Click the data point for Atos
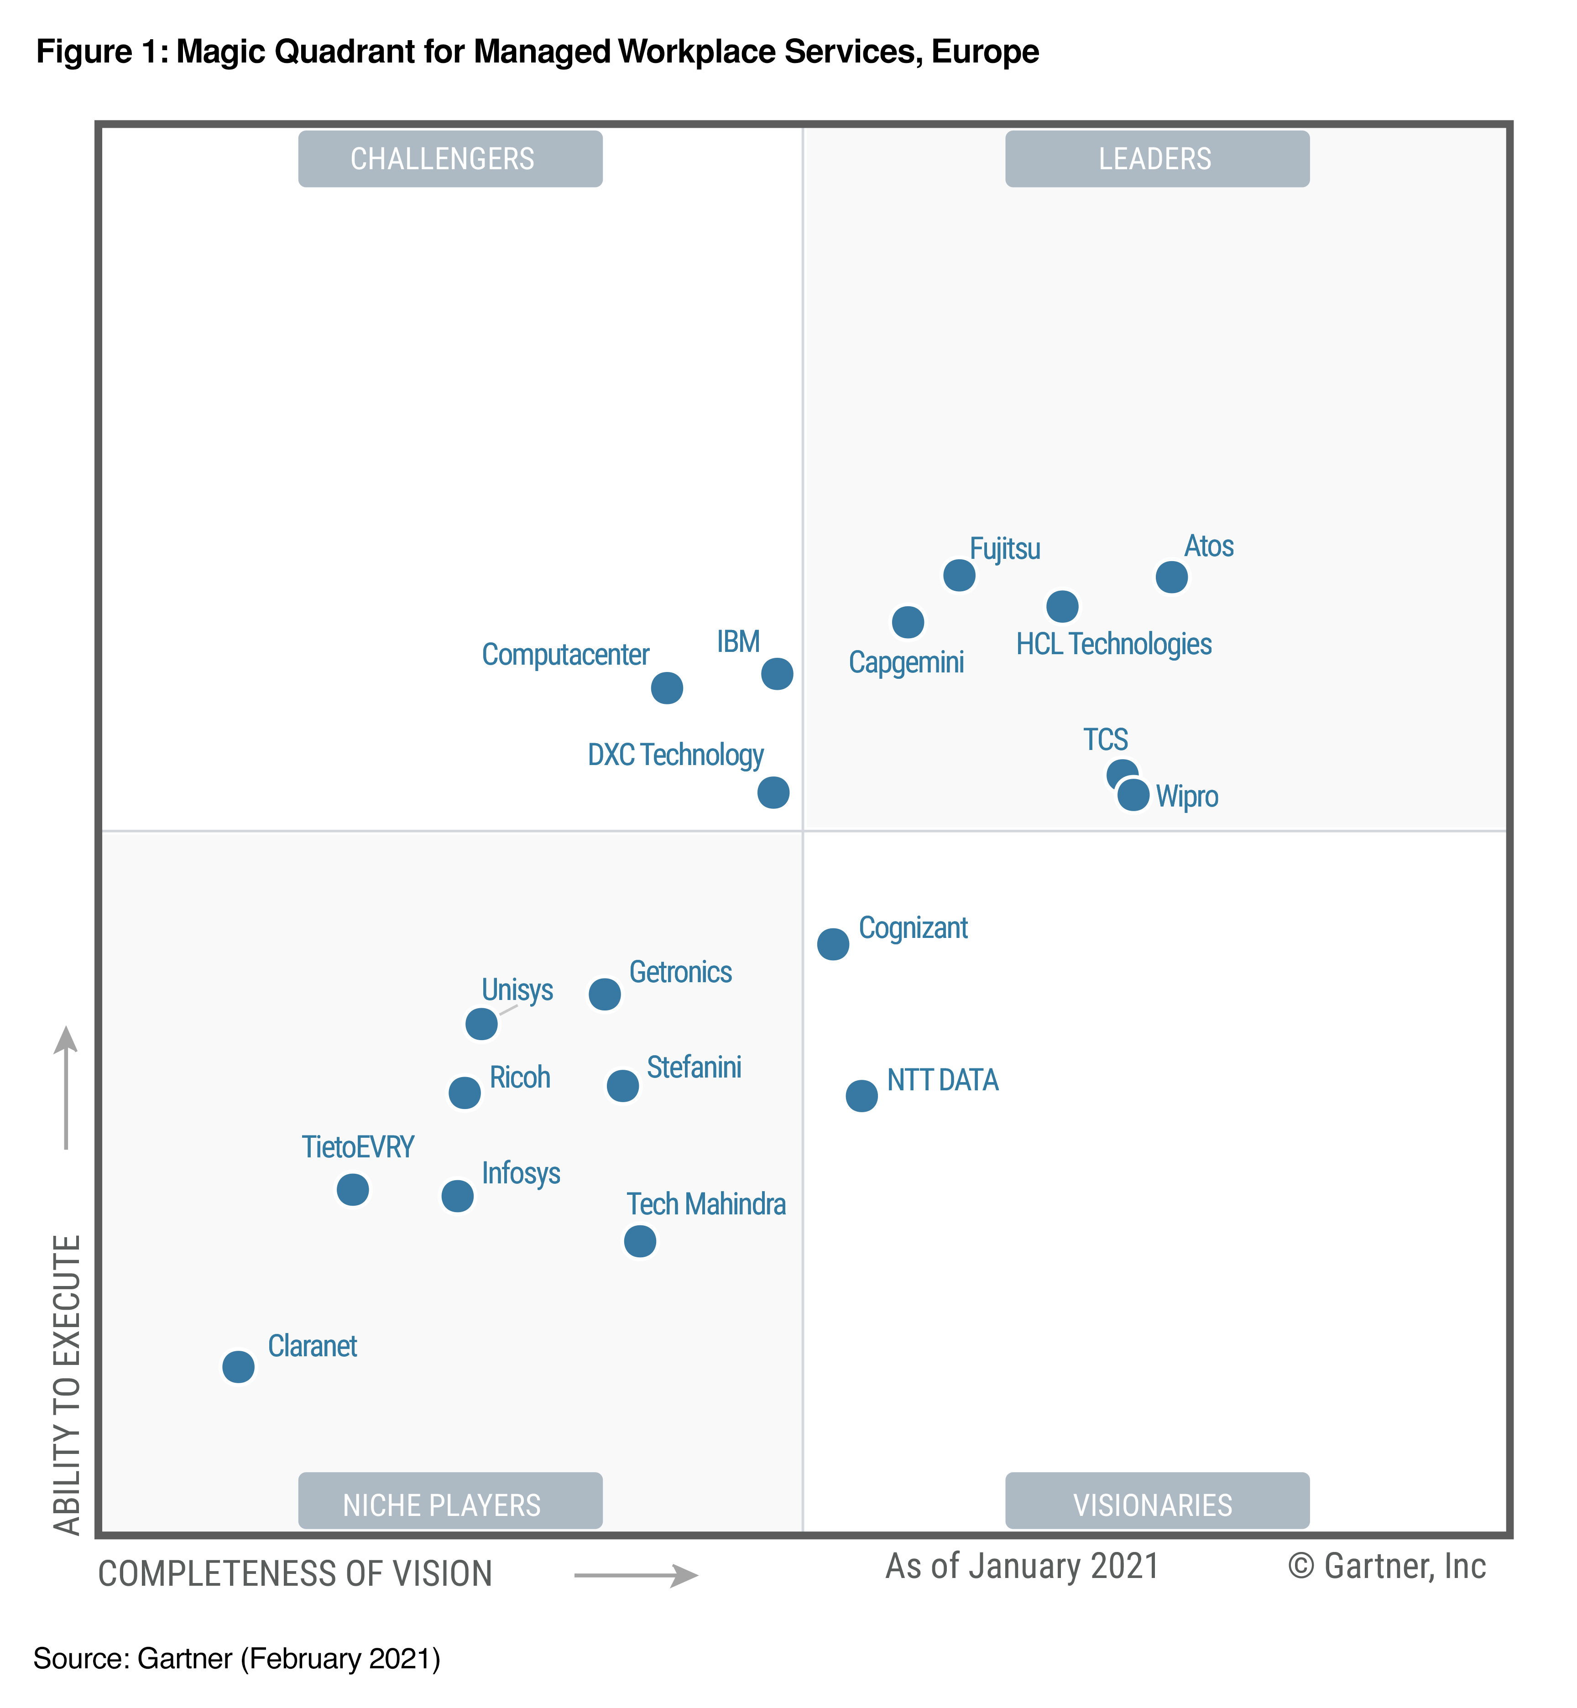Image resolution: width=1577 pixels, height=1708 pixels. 1172,577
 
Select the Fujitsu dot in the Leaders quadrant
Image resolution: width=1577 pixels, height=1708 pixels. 959,575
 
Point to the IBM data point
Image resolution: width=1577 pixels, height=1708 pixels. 777,674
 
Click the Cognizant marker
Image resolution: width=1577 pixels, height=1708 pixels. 833,943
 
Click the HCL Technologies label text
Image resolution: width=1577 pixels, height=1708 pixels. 1114,644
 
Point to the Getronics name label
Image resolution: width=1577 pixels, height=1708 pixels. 680,972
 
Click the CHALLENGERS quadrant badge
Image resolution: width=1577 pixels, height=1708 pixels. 450,159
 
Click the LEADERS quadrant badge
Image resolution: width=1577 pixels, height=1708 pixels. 1156,159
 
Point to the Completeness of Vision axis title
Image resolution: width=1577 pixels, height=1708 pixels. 295,1574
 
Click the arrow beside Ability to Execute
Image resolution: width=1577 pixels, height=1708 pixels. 66,1088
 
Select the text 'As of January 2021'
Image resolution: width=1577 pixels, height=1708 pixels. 1022,1567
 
